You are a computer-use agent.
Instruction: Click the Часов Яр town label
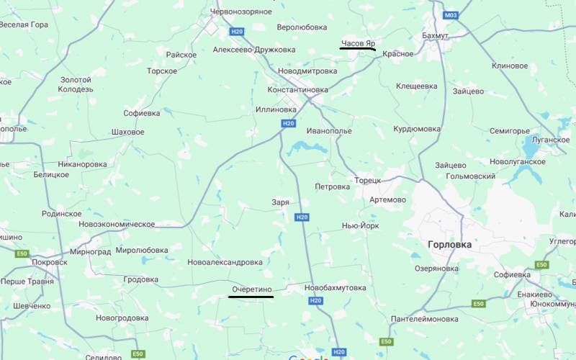[x=358, y=43]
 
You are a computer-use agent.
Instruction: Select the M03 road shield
[x=451, y=15]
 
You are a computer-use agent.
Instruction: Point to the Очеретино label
[x=251, y=289]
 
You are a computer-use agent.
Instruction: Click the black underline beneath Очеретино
[x=251, y=297]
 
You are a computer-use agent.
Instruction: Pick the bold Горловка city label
[x=449, y=244]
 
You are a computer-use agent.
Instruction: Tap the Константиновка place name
[x=297, y=90]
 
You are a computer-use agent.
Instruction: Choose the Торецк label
[x=367, y=180]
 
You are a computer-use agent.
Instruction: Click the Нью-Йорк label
[x=360, y=225]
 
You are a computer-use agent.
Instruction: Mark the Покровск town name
[x=50, y=263]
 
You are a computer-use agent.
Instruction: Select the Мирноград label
[x=91, y=251]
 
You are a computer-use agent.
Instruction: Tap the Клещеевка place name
[x=416, y=86]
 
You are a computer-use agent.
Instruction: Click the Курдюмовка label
[x=416, y=129]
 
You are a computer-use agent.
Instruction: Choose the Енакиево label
[x=534, y=294]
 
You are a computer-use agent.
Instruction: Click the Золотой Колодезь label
[x=76, y=84]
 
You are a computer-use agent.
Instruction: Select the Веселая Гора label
[x=24, y=24]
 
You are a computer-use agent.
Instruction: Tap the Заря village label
[x=280, y=202]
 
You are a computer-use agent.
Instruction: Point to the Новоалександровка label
[x=225, y=262]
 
